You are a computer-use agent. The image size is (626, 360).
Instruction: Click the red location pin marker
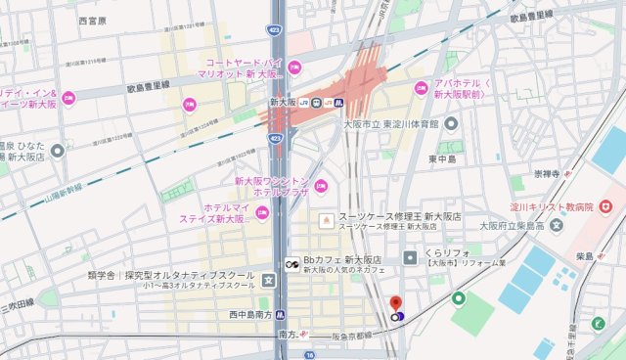(x=396, y=304)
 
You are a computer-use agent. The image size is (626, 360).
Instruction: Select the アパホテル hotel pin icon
(x=422, y=88)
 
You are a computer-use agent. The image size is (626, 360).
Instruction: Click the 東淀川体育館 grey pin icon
(x=451, y=124)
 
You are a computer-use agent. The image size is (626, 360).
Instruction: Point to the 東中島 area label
(x=443, y=157)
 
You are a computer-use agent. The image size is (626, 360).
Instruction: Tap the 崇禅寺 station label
(x=546, y=174)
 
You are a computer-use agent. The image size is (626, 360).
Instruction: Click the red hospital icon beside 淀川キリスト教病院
(x=605, y=206)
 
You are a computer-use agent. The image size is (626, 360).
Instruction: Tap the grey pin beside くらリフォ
(x=410, y=257)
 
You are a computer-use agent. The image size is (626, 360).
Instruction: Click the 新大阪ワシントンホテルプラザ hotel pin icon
(x=321, y=187)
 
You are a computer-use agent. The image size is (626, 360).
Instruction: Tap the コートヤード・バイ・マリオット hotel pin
(x=294, y=67)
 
